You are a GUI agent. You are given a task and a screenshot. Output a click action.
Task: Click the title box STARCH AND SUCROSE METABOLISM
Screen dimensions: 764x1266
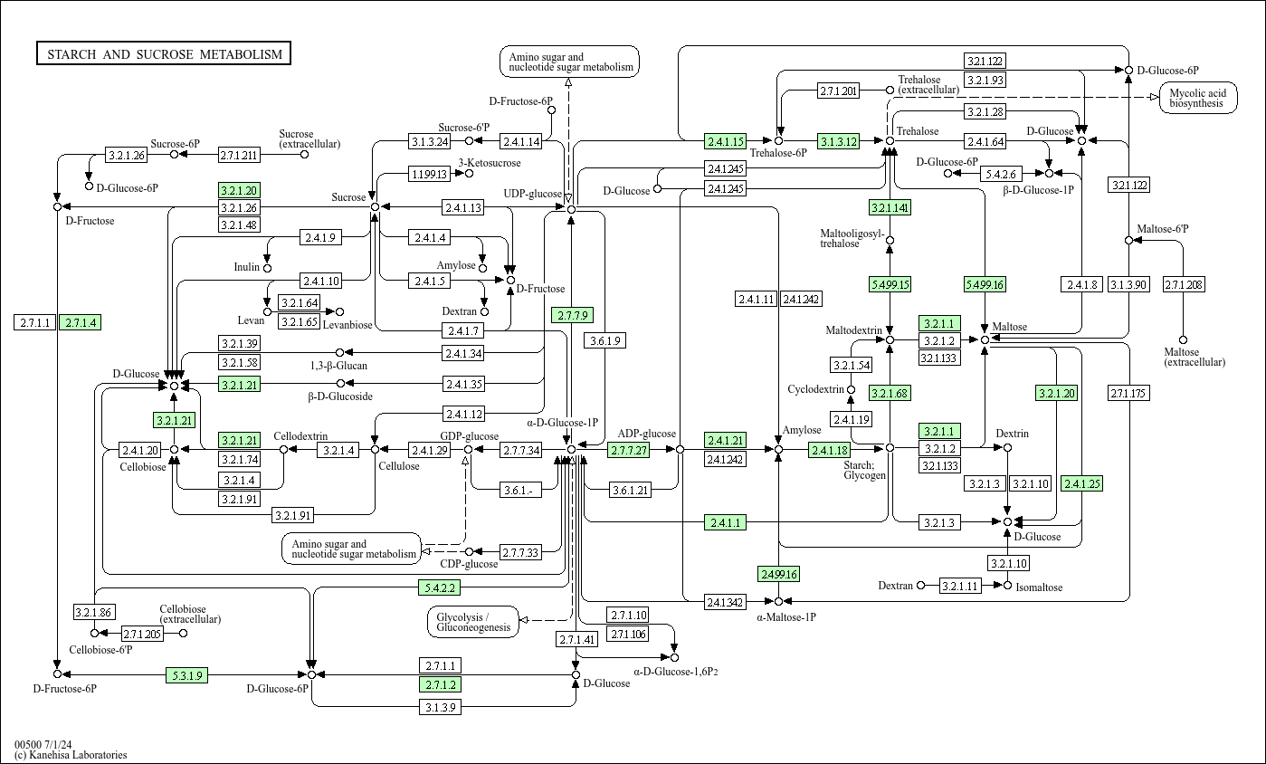click(164, 54)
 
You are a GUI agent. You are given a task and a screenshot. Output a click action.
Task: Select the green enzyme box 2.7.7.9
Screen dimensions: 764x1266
click(572, 315)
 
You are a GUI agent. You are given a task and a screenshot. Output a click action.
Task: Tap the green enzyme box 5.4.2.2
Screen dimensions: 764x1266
click(440, 587)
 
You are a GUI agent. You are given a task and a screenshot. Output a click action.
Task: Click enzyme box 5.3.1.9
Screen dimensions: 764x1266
click(186, 674)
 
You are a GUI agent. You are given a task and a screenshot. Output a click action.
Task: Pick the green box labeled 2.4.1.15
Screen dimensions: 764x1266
click(726, 141)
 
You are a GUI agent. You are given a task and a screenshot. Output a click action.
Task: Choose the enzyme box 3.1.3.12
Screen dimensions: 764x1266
click(838, 141)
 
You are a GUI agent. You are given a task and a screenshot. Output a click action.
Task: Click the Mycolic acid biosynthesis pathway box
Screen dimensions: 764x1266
click(1198, 98)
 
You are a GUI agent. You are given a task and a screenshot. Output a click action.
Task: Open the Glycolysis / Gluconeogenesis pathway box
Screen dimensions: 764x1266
click(473, 621)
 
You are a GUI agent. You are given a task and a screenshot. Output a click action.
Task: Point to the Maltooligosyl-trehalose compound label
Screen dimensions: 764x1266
click(852, 238)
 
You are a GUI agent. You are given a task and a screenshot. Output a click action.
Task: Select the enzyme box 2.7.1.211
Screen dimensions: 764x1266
click(240, 155)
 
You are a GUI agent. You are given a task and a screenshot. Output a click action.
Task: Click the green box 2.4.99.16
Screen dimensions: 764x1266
click(778, 574)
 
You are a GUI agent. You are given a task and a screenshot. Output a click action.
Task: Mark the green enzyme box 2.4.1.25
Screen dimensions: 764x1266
click(1081, 483)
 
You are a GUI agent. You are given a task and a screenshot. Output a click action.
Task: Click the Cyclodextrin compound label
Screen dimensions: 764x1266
click(815, 389)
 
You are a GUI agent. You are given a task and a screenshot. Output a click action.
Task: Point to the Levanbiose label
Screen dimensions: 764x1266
click(348, 324)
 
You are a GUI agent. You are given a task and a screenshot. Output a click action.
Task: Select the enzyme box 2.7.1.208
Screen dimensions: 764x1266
click(1184, 285)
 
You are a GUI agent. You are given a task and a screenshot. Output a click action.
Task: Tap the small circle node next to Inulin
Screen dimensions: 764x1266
click(267, 268)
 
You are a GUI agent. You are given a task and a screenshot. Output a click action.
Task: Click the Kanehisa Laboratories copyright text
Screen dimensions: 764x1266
click(71, 755)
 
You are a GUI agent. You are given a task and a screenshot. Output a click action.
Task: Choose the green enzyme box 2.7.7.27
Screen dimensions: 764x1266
click(628, 450)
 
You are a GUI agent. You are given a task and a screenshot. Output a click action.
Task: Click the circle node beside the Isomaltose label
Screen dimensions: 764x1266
click(1007, 586)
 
